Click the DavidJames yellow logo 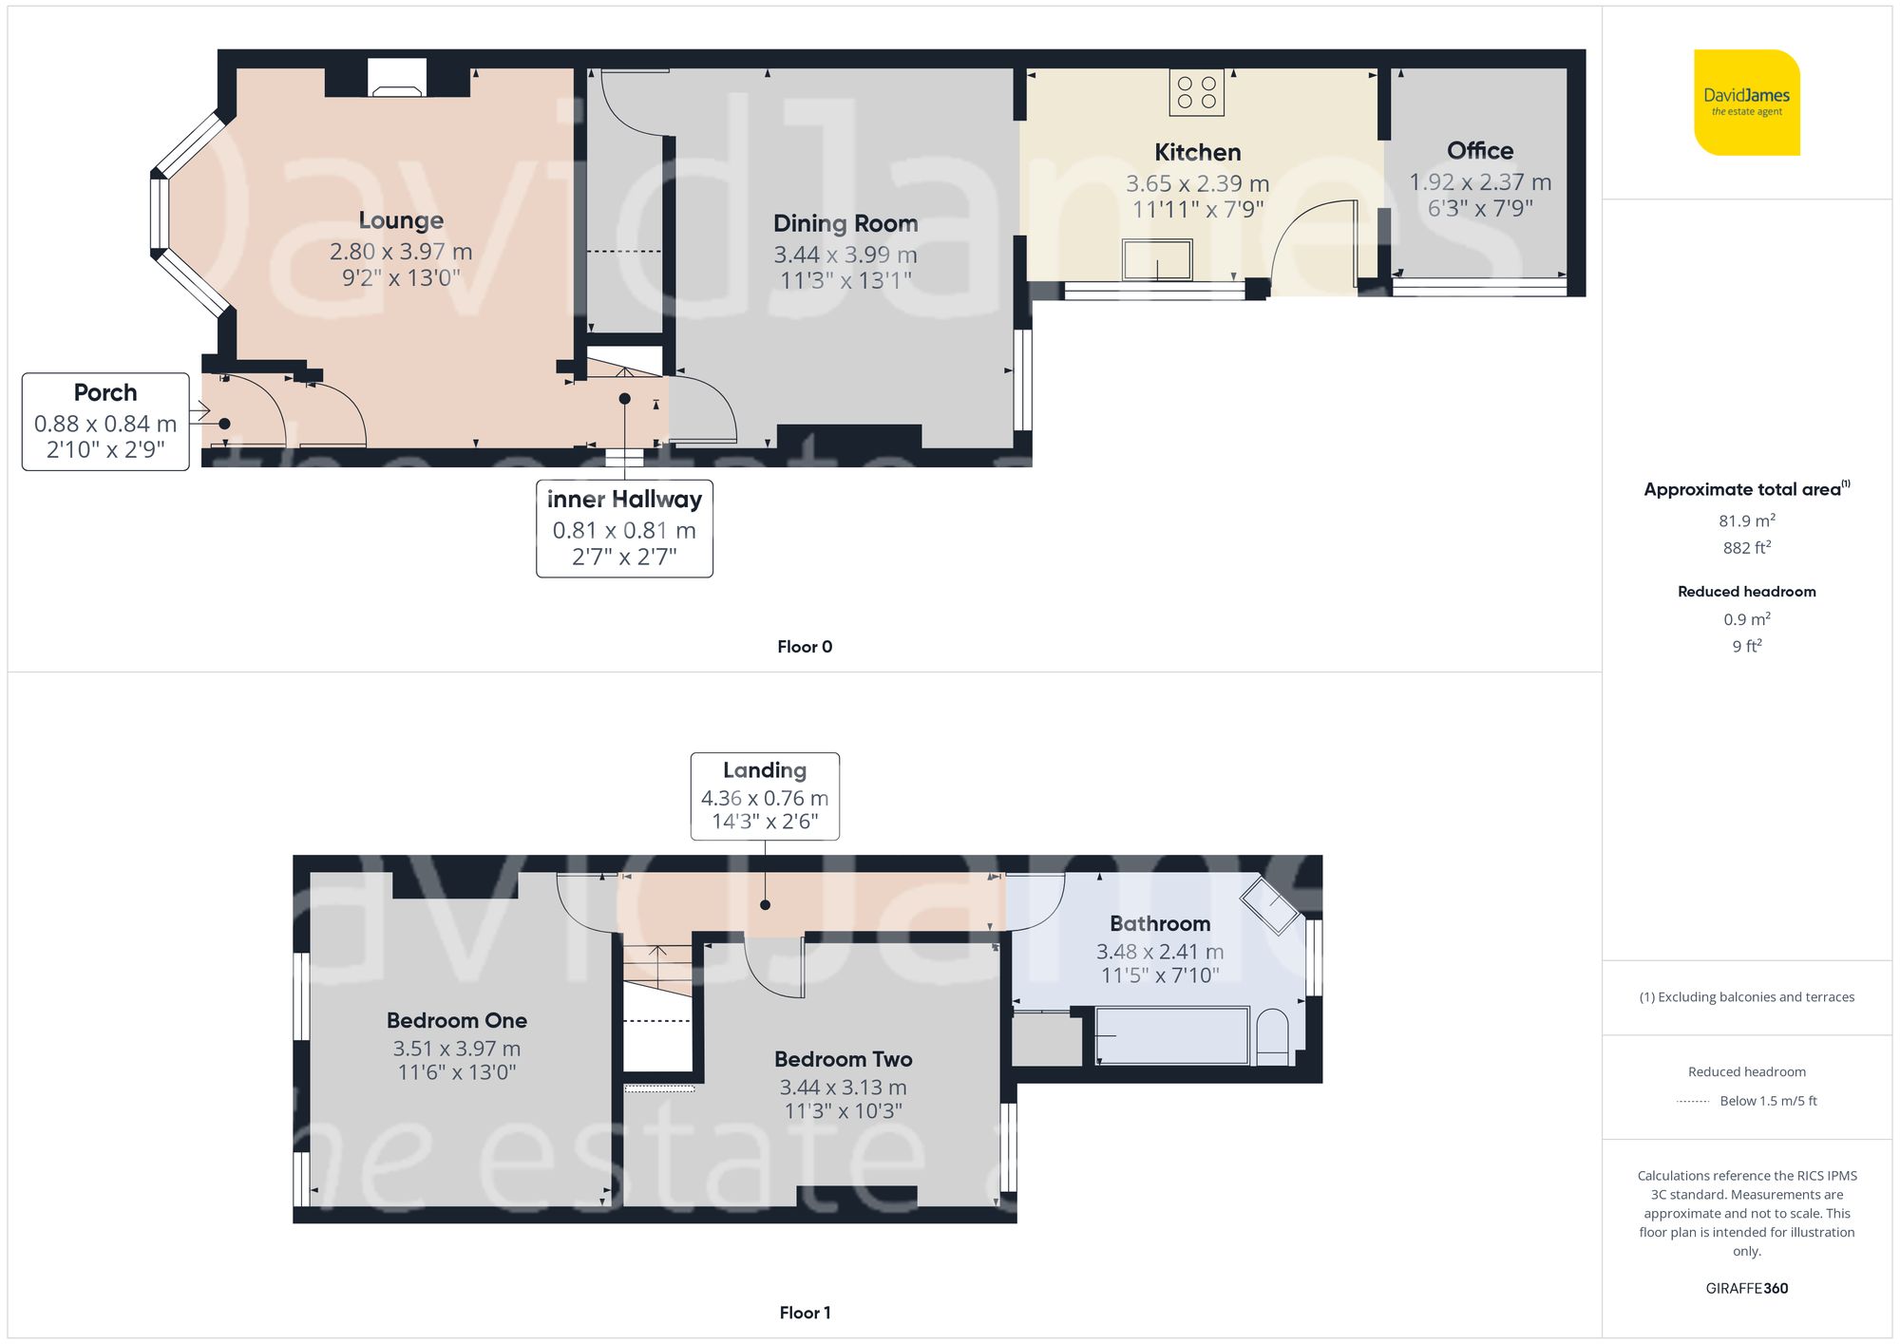coord(1746,103)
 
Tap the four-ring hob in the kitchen coord(1196,93)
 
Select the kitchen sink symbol coord(1157,259)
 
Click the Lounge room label coord(401,220)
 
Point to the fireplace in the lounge coord(397,80)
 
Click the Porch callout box coord(105,421)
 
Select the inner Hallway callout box coord(624,528)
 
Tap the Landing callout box coord(765,796)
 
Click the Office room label coord(1480,151)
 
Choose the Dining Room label coord(845,223)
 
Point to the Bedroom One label coord(457,1020)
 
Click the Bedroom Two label coord(844,1059)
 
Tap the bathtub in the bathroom coord(1171,1035)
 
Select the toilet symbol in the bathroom coord(1272,1037)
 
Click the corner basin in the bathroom coord(1270,904)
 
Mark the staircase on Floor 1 coord(657,969)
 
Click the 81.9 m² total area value coord(1746,521)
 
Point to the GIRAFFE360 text coord(1746,1288)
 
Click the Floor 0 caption coord(805,647)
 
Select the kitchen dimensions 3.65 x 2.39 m coord(1197,183)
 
